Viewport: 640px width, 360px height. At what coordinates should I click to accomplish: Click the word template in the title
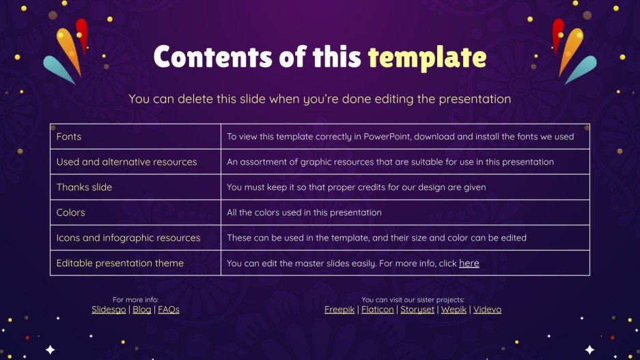[x=427, y=57]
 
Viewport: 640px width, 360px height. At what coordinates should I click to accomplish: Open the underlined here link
[x=469, y=263]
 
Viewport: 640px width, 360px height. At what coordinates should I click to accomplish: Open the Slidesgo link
[x=109, y=309]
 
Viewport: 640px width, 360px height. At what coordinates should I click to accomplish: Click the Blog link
[x=142, y=309]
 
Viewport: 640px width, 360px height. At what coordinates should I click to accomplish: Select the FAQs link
[x=169, y=309]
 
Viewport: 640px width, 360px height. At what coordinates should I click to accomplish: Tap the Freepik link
[x=339, y=309]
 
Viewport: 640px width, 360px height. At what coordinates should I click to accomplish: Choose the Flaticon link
[x=377, y=309]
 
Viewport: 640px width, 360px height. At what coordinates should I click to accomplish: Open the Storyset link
[x=416, y=309]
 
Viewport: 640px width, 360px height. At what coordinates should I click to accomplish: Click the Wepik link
[x=454, y=309]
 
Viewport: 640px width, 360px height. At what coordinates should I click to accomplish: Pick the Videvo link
[x=487, y=309]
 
